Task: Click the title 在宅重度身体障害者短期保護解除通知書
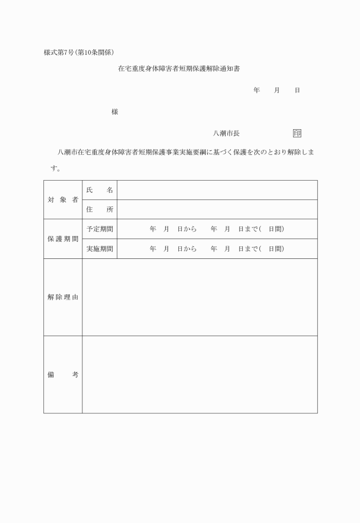(178, 69)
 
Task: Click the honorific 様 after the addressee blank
(115, 112)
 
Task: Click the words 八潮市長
(226, 133)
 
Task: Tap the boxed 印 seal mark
(297, 133)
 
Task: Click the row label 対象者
(63, 199)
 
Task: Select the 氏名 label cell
(99, 190)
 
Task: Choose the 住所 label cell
(99, 210)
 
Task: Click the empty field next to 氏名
(217, 190)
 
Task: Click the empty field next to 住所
(217, 210)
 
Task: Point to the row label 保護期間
(63, 239)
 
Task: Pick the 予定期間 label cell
(99, 229)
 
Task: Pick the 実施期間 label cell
(99, 249)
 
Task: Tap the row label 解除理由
(63, 297)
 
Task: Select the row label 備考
(63, 374)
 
